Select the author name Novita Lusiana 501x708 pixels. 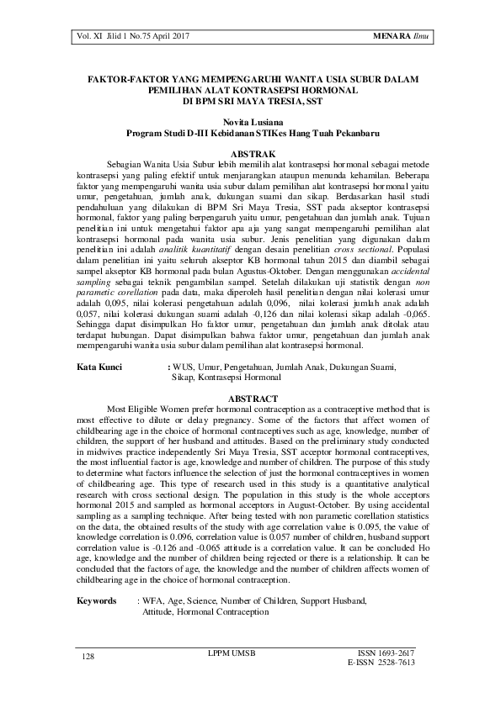(x=250, y=122)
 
